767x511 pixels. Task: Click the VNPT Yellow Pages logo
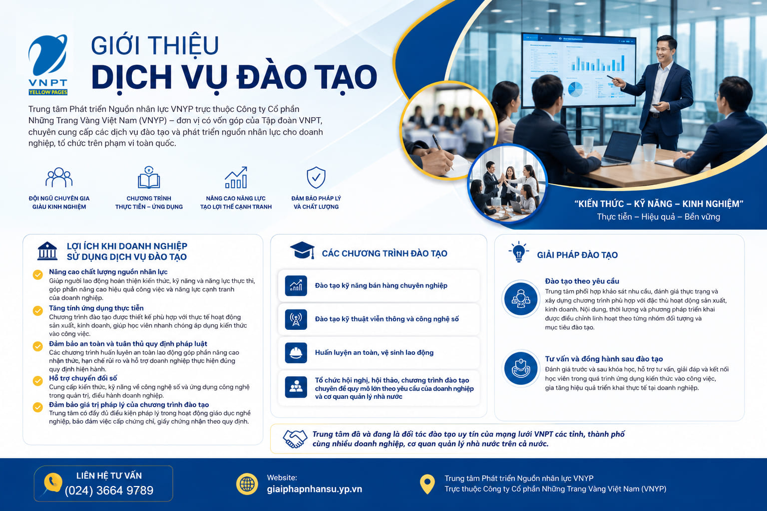(48, 64)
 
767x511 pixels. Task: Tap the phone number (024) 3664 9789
(109, 491)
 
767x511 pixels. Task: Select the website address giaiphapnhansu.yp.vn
(314, 489)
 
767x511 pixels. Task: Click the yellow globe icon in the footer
(247, 484)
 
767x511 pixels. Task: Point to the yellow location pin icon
(427, 484)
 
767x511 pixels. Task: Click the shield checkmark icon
(316, 177)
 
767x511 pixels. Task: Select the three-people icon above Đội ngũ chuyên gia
(59, 177)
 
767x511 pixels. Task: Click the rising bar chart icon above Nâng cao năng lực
(236, 177)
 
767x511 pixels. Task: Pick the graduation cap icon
(302, 250)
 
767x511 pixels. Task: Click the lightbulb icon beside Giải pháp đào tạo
(519, 252)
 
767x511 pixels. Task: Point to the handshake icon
(295, 439)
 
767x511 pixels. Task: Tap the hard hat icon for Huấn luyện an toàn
(296, 352)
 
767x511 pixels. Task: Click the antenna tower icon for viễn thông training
(296, 319)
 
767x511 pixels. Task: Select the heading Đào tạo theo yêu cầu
(582, 281)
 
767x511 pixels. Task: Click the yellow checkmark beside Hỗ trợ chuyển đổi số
(37, 381)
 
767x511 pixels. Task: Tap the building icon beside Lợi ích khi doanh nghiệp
(47, 251)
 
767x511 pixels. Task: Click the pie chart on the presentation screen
(575, 89)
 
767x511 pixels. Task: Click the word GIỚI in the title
(117, 45)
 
